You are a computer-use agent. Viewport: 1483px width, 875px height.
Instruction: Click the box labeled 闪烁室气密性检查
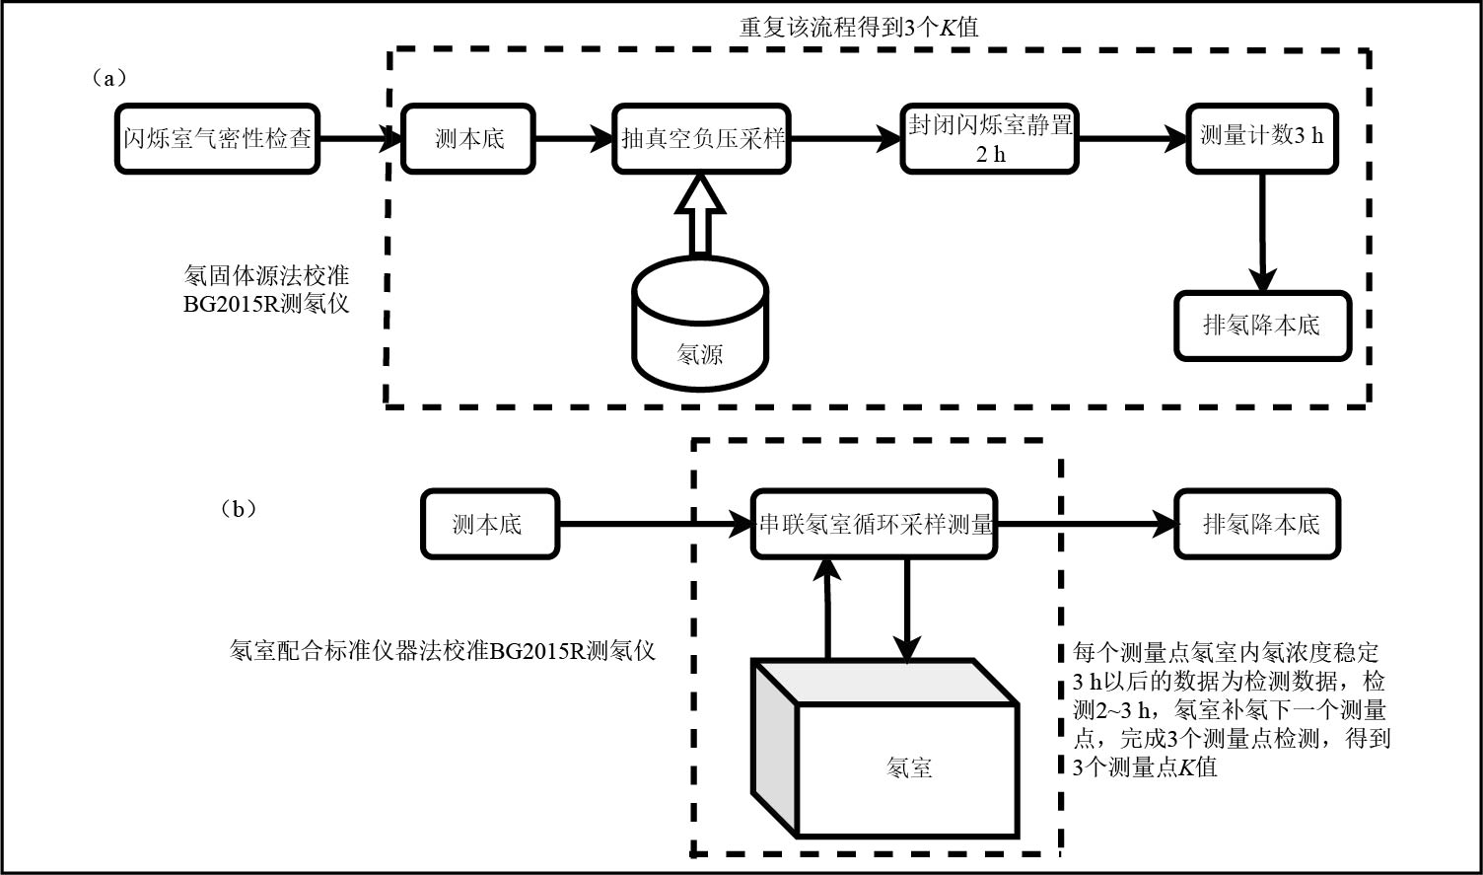click(218, 139)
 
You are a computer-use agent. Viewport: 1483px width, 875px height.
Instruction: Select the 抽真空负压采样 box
click(701, 139)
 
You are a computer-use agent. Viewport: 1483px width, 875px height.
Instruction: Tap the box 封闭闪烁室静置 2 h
click(989, 139)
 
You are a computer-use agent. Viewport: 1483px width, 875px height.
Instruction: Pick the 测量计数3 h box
click(1261, 139)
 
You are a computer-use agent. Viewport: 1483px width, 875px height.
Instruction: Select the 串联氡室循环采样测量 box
click(874, 524)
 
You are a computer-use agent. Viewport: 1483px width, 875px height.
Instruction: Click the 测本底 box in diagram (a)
click(469, 139)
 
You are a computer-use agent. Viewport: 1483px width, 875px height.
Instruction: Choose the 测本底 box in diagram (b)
click(489, 524)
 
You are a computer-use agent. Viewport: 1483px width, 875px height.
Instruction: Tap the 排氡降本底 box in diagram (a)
click(1261, 326)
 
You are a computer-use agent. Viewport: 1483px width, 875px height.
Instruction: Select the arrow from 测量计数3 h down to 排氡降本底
click(1261, 233)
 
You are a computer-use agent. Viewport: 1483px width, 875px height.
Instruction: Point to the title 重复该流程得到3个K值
click(858, 28)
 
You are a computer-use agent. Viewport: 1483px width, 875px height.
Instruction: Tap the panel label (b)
click(238, 509)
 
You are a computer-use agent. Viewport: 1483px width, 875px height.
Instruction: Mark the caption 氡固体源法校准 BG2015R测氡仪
click(266, 289)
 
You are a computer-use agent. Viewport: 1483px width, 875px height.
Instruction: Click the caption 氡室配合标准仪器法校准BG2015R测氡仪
click(443, 650)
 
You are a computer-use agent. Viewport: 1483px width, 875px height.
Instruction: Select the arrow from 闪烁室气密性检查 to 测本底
click(361, 139)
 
